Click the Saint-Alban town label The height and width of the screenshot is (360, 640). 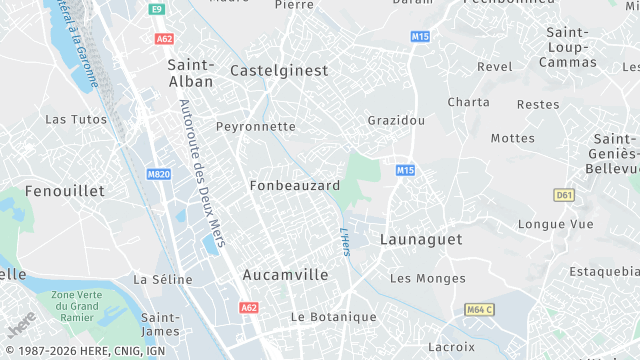point(190,72)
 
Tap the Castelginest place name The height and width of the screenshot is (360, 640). point(279,71)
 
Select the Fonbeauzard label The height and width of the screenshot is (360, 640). point(295,186)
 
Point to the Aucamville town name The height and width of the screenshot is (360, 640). point(286,273)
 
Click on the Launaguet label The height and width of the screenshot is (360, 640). point(421,239)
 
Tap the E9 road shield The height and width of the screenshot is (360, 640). point(156,9)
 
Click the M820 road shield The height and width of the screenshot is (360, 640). point(158,174)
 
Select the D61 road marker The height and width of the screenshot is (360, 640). point(564,194)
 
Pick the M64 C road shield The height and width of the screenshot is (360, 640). point(480,310)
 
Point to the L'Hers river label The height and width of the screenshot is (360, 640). point(344,241)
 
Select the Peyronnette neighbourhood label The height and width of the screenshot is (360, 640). point(256,127)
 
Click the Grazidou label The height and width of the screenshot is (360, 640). point(396,120)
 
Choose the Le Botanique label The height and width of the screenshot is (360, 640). point(333,317)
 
